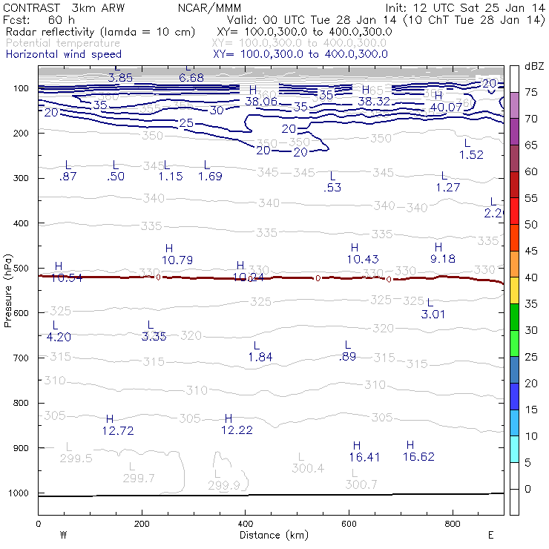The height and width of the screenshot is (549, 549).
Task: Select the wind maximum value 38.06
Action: tap(261, 102)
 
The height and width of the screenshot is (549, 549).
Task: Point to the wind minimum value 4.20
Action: tap(59, 337)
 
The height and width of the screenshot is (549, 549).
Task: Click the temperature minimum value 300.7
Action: tap(361, 484)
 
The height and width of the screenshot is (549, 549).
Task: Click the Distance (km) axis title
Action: tap(270, 535)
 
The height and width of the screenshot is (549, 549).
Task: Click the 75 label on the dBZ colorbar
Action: tap(531, 92)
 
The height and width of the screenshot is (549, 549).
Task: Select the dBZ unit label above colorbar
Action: tap(533, 66)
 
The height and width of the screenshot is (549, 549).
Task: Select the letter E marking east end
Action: tap(490, 535)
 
